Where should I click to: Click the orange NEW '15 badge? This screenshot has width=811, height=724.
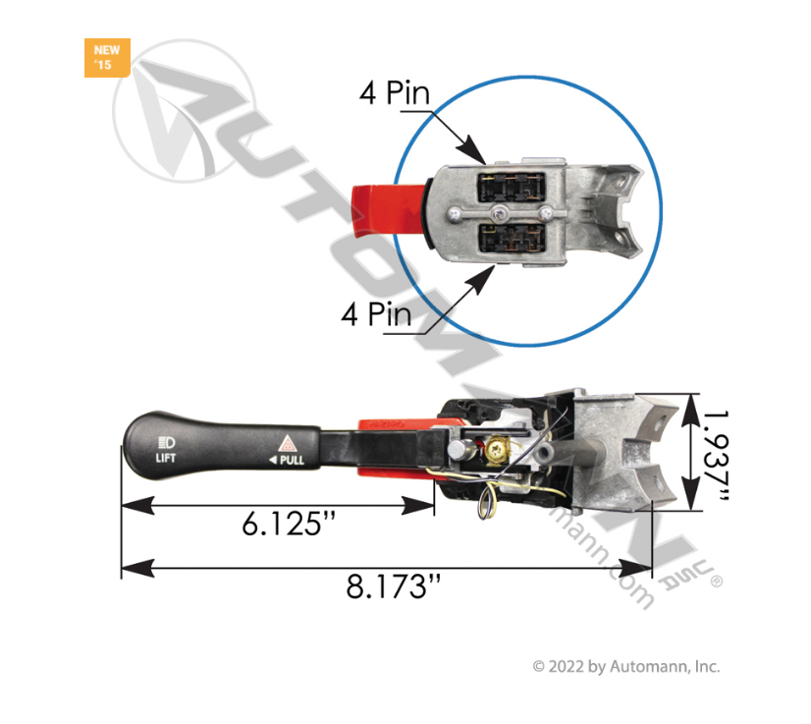point(106,58)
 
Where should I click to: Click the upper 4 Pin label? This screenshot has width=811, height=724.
point(395,95)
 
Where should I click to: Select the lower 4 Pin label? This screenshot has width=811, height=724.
point(376,314)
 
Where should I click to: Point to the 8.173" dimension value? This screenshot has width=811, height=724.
point(393,587)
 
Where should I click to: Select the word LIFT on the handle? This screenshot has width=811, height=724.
point(166,457)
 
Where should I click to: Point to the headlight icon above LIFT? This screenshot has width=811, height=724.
point(166,438)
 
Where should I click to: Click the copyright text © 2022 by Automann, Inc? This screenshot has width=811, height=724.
point(625,666)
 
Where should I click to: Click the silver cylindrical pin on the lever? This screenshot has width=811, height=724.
point(459,451)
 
